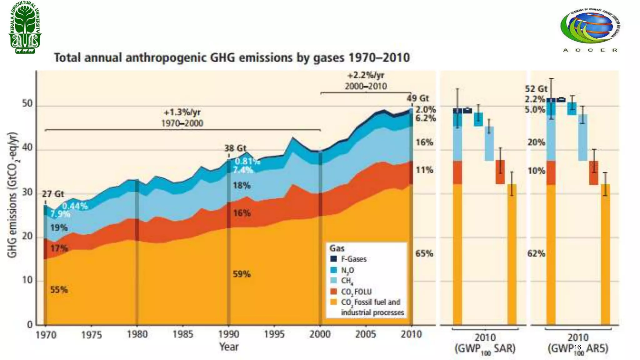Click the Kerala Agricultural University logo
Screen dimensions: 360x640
(x=25, y=27)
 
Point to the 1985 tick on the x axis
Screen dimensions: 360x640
(x=183, y=334)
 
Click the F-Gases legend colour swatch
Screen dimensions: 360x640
(x=334, y=259)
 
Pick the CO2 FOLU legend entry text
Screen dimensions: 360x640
(x=356, y=292)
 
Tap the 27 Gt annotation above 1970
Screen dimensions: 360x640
(x=53, y=194)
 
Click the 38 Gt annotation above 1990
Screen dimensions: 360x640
(x=235, y=148)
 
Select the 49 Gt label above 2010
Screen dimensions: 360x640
(x=417, y=98)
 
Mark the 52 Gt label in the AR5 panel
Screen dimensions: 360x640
(x=536, y=89)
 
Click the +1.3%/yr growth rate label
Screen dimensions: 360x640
(x=182, y=112)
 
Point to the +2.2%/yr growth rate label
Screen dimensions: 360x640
(x=366, y=75)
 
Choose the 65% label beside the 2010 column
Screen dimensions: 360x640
(x=424, y=253)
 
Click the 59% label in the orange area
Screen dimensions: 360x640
(x=242, y=274)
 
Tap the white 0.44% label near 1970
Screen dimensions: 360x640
(x=75, y=206)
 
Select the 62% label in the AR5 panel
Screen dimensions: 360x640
(x=536, y=253)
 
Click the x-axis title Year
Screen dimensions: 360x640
(x=229, y=347)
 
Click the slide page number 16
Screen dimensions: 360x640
(x=577, y=347)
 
